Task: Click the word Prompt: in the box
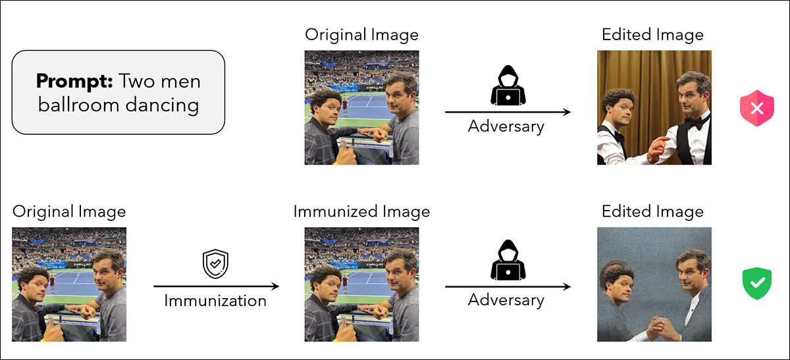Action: tap(74, 82)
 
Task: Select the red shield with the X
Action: tap(756, 109)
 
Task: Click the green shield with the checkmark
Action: tap(756, 284)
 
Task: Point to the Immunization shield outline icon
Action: tap(215, 265)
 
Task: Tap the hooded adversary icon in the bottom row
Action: tap(508, 262)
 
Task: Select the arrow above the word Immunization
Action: tap(216, 286)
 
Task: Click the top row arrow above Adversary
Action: tap(508, 113)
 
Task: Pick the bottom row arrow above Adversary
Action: tap(508, 286)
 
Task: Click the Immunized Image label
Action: tap(361, 212)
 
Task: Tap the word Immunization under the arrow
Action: tap(215, 301)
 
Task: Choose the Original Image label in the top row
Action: tap(361, 35)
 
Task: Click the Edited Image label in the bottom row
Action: tap(653, 212)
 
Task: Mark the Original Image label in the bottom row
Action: tap(69, 212)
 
